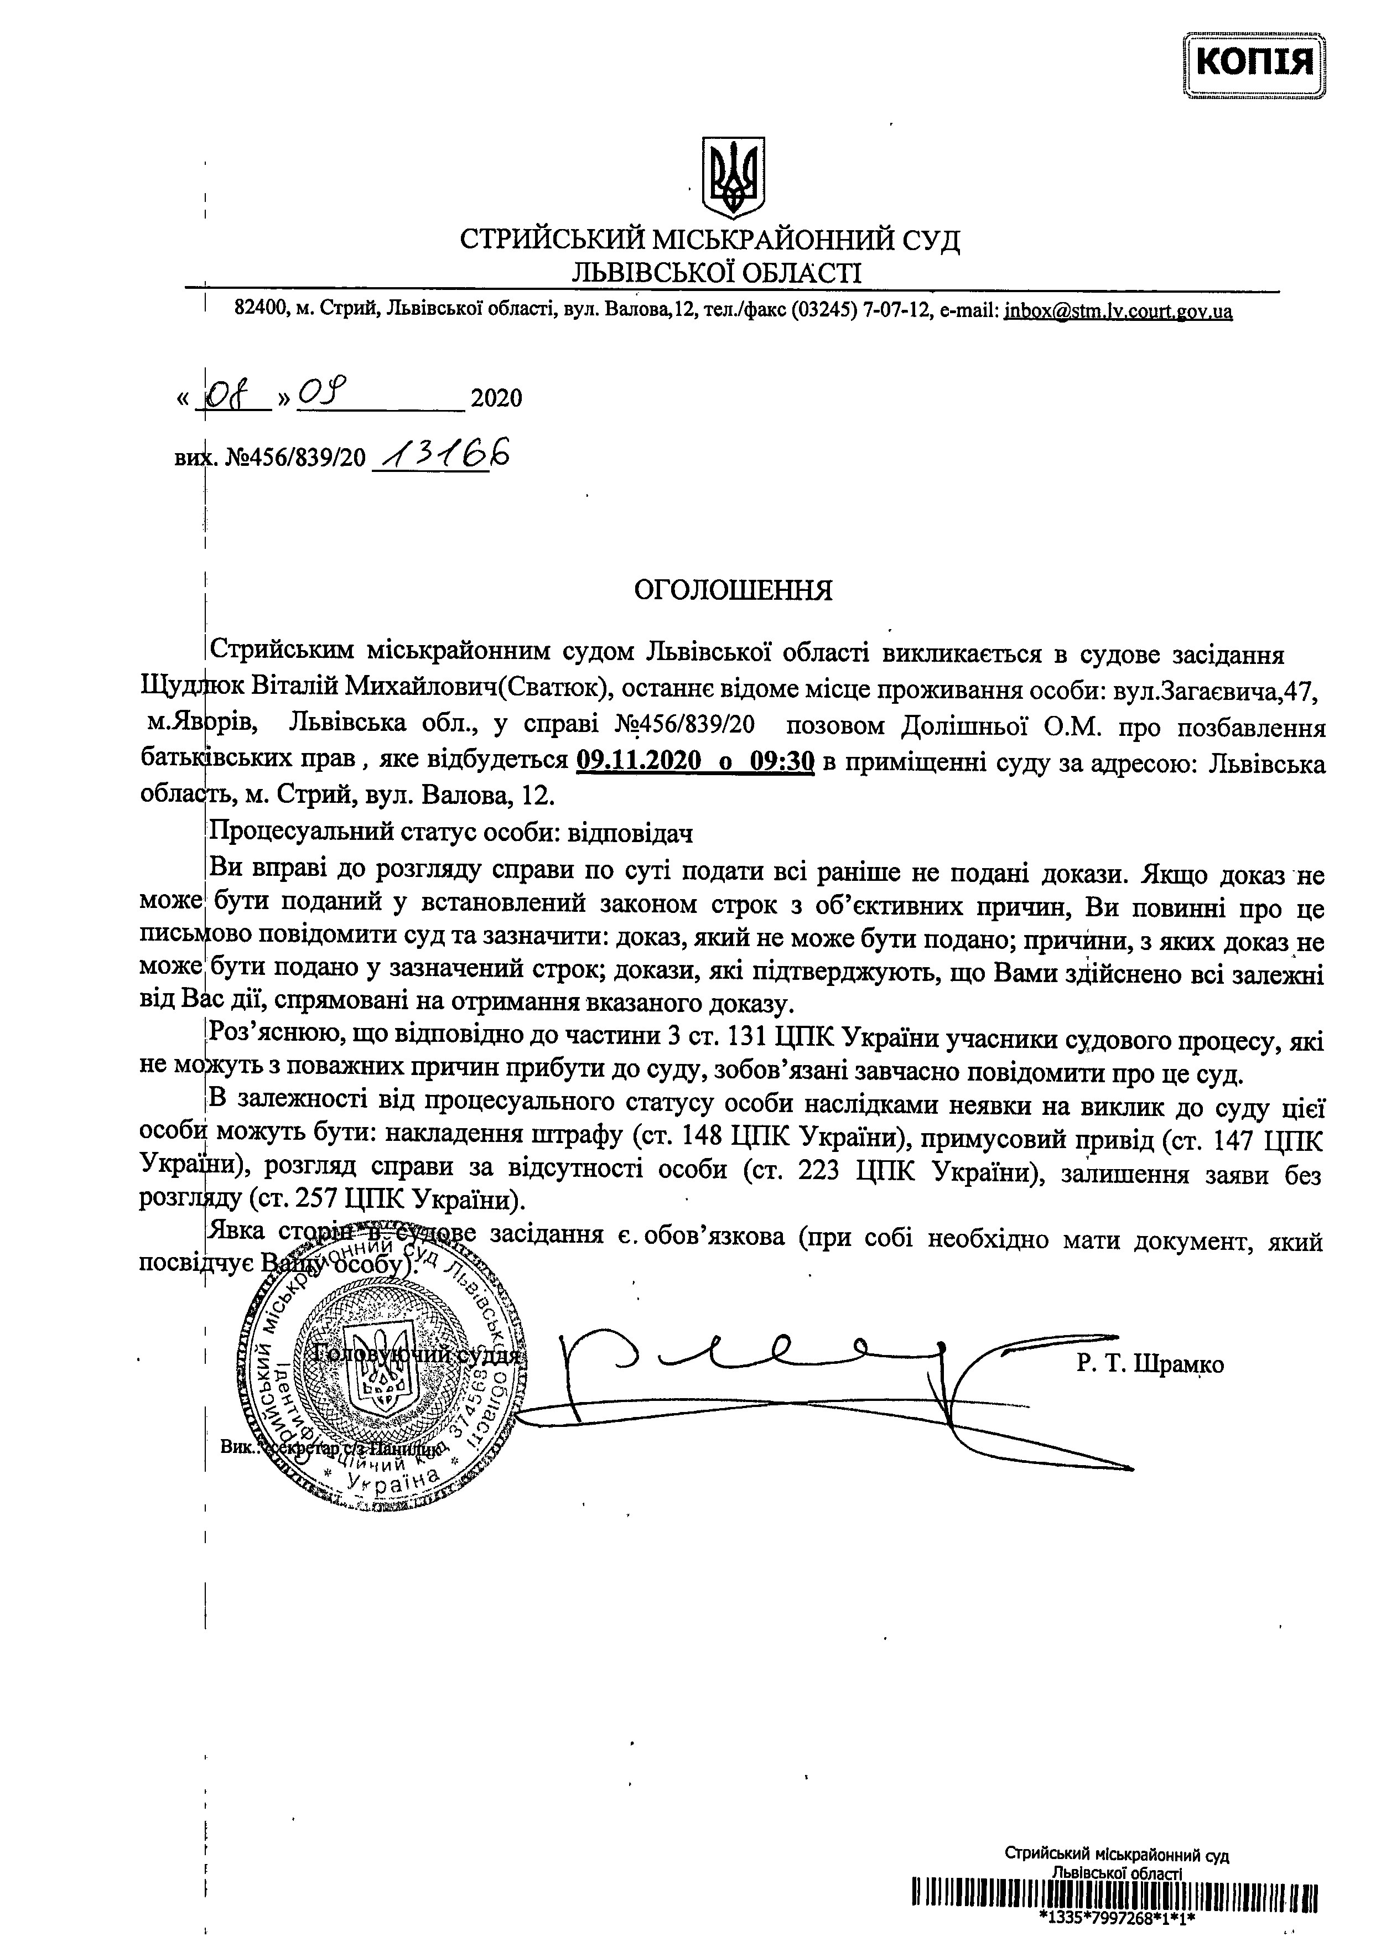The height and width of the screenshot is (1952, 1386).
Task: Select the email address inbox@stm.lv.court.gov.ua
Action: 1118,312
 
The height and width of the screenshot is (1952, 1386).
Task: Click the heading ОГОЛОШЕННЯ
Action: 732,591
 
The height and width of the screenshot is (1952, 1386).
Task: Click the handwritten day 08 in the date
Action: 232,396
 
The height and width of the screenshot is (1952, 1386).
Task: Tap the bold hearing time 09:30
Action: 779,760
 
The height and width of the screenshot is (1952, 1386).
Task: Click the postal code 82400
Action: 262,312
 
